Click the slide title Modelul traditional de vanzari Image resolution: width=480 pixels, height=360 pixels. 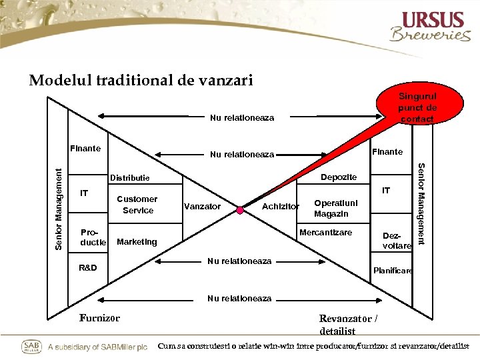click(x=141, y=81)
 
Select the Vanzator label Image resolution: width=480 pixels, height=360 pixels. click(x=201, y=207)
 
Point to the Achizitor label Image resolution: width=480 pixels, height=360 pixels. click(x=281, y=207)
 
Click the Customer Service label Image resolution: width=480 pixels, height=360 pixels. click(x=137, y=205)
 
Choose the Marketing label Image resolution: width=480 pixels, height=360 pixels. click(x=137, y=242)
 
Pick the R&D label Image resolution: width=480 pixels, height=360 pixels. click(x=87, y=268)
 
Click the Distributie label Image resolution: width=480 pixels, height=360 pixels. click(x=129, y=178)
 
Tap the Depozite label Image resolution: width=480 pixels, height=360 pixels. click(x=339, y=177)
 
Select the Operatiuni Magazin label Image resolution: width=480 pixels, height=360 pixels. click(x=336, y=209)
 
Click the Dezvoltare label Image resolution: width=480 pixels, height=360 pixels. click(x=397, y=241)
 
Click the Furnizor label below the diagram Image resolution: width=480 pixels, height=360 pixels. click(x=99, y=318)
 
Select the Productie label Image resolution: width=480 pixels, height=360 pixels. click(x=93, y=237)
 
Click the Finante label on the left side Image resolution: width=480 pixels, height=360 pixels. click(x=86, y=147)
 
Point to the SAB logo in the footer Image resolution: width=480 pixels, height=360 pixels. click(x=32, y=347)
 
